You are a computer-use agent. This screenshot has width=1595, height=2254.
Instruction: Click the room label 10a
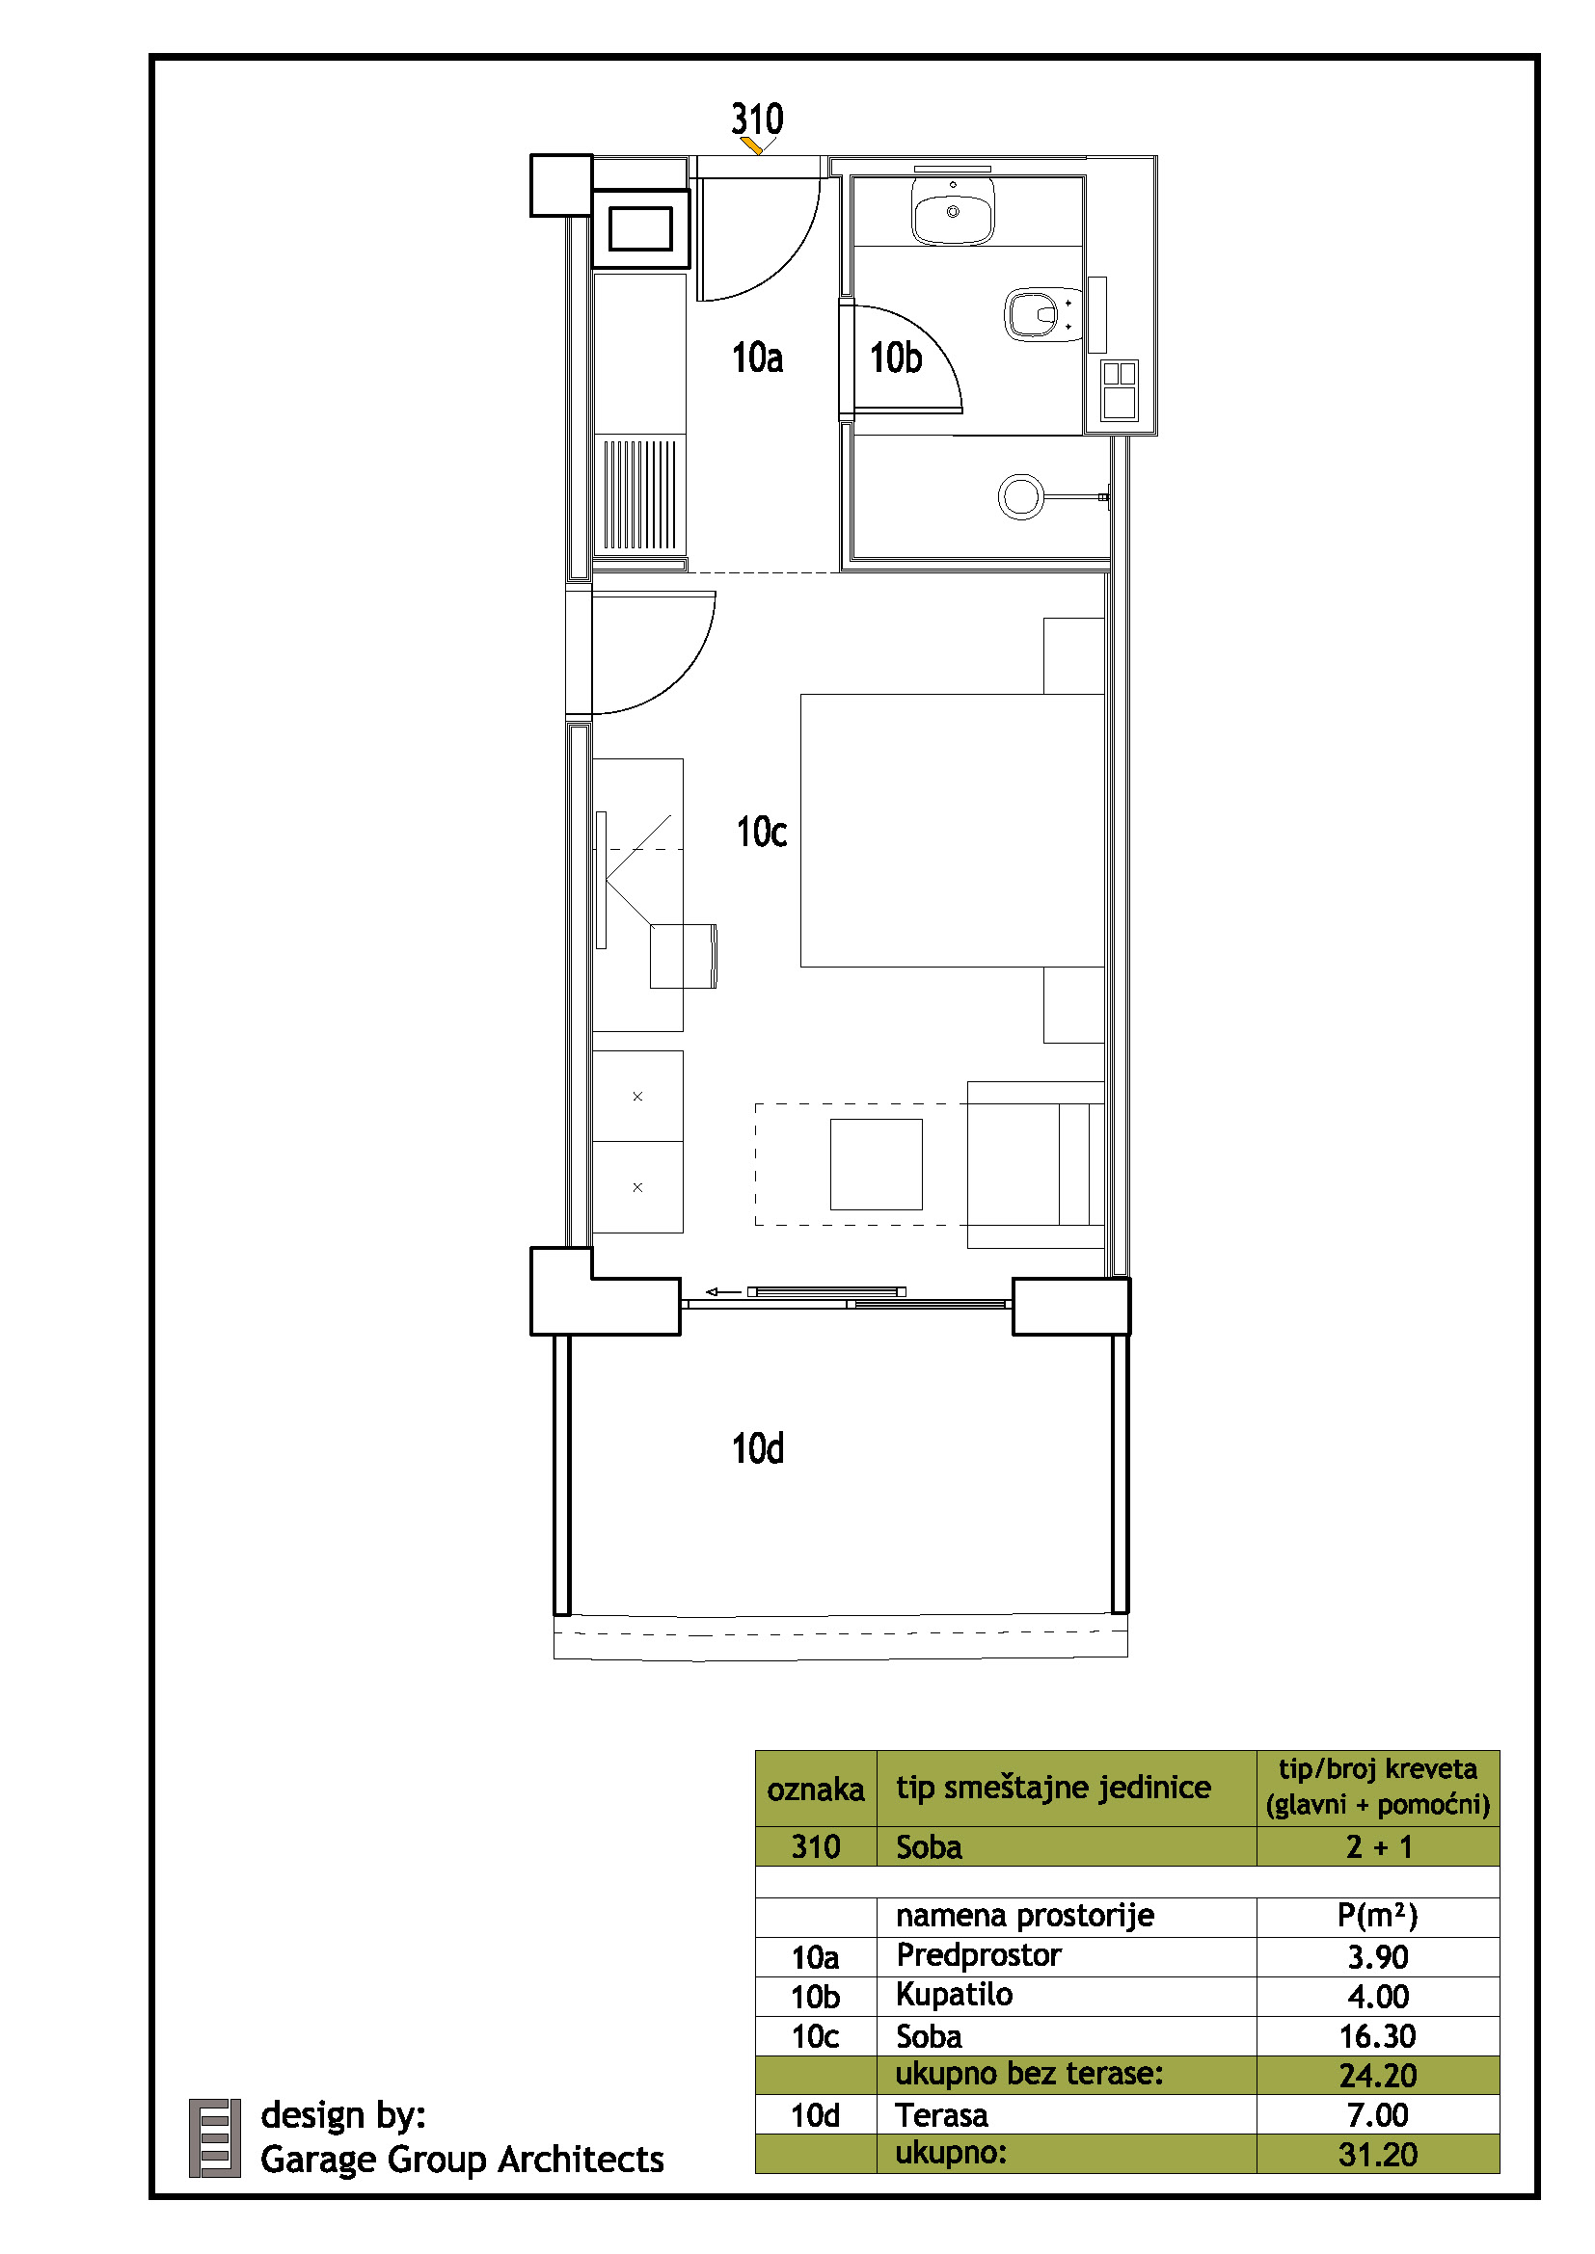(757, 358)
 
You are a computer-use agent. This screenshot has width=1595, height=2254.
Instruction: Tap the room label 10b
(896, 358)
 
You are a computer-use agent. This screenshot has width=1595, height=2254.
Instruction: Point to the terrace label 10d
(757, 1448)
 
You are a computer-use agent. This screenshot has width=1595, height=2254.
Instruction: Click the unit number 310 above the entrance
(756, 119)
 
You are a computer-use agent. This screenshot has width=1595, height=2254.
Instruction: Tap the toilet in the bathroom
(1041, 314)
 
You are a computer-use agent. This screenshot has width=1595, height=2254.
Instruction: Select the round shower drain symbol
(1020, 496)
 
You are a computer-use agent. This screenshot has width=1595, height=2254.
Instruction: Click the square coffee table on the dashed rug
(876, 1164)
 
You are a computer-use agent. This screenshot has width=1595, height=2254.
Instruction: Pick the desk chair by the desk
(684, 955)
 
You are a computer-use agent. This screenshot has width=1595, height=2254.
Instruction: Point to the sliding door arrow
(724, 1292)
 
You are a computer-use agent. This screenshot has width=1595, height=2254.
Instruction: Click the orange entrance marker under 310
(752, 146)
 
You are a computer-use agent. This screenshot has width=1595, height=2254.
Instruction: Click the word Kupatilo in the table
(954, 1995)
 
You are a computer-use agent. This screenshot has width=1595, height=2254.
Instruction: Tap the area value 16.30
(1377, 2036)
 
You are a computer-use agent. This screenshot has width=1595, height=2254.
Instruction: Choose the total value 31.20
(1377, 2155)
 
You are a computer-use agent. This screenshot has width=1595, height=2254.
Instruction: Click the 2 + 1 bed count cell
(1378, 1846)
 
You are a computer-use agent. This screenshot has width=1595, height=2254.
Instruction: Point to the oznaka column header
(815, 1790)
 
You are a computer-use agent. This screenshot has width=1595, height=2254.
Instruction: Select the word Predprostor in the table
(978, 1955)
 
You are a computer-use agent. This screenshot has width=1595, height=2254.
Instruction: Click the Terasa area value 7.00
(1377, 2114)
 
